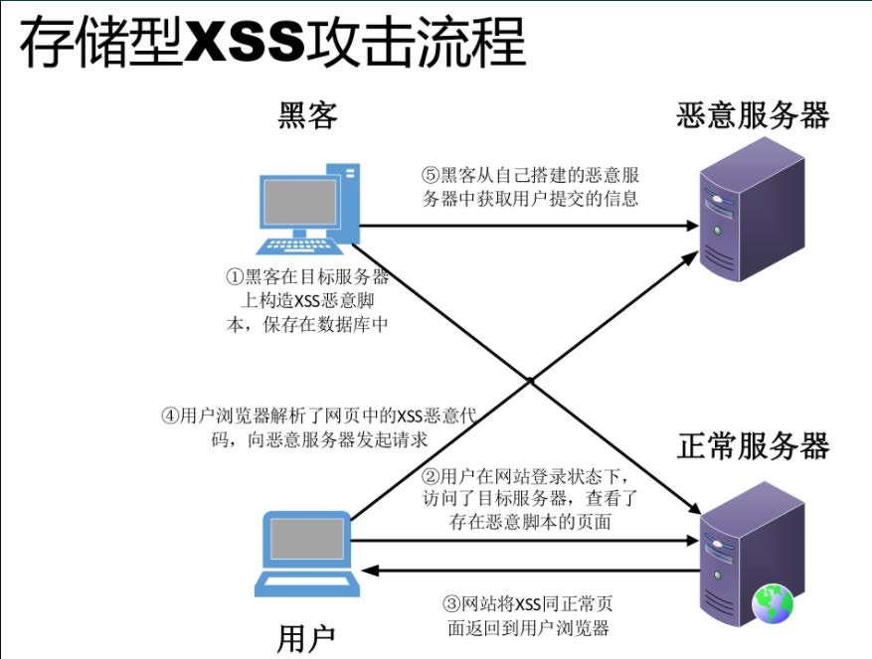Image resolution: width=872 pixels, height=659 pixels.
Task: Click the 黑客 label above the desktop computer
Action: [x=307, y=117]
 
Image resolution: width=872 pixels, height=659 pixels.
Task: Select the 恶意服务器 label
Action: [x=752, y=116]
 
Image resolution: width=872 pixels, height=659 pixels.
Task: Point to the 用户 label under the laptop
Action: [x=307, y=637]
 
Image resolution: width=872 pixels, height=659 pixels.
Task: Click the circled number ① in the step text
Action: [x=234, y=276]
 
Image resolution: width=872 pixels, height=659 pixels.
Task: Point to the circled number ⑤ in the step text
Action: [x=431, y=175]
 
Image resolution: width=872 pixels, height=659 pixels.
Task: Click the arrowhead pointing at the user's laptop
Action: [x=368, y=572]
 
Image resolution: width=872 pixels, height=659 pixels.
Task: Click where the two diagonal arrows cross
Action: [x=532, y=380]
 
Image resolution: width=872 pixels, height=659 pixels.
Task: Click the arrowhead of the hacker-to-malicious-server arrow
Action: [x=693, y=226]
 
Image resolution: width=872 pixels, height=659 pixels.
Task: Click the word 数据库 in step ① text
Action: [x=351, y=324]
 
